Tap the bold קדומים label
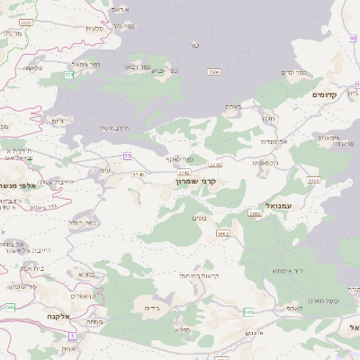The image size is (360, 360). (x=325, y=94)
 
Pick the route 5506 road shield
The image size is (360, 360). (x=213, y=72)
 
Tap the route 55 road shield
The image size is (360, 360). (x=128, y=155)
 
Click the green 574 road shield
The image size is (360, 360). (x=69, y=76)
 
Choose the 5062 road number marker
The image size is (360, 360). (x=223, y=233)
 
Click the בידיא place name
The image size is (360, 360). (x=150, y=307)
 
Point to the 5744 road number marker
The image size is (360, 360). (x=214, y=164)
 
